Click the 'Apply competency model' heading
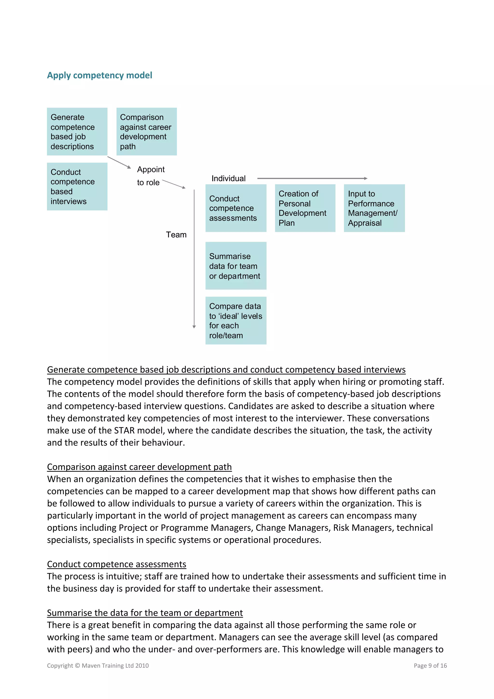tap(100, 75)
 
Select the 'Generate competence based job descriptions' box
tap(77, 131)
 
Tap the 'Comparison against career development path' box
tap(146, 131)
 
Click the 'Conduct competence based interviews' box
tap(77, 186)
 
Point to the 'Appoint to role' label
tap(150, 176)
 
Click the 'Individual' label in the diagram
tap(228, 178)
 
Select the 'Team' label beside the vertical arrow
tap(176, 235)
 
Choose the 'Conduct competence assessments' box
tap(236, 208)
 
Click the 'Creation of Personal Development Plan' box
tap(305, 208)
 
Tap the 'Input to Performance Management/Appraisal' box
tap(374, 208)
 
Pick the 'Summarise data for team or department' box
tap(236, 266)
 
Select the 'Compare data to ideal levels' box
tap(236, 321)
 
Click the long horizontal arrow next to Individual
tap(312, 178)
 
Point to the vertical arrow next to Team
tap(194, 259)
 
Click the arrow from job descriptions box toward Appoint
tap(119, 162)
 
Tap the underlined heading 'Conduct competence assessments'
tap(117, 564)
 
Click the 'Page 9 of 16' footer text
tap(430, 665)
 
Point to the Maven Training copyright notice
tap(98, 665)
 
